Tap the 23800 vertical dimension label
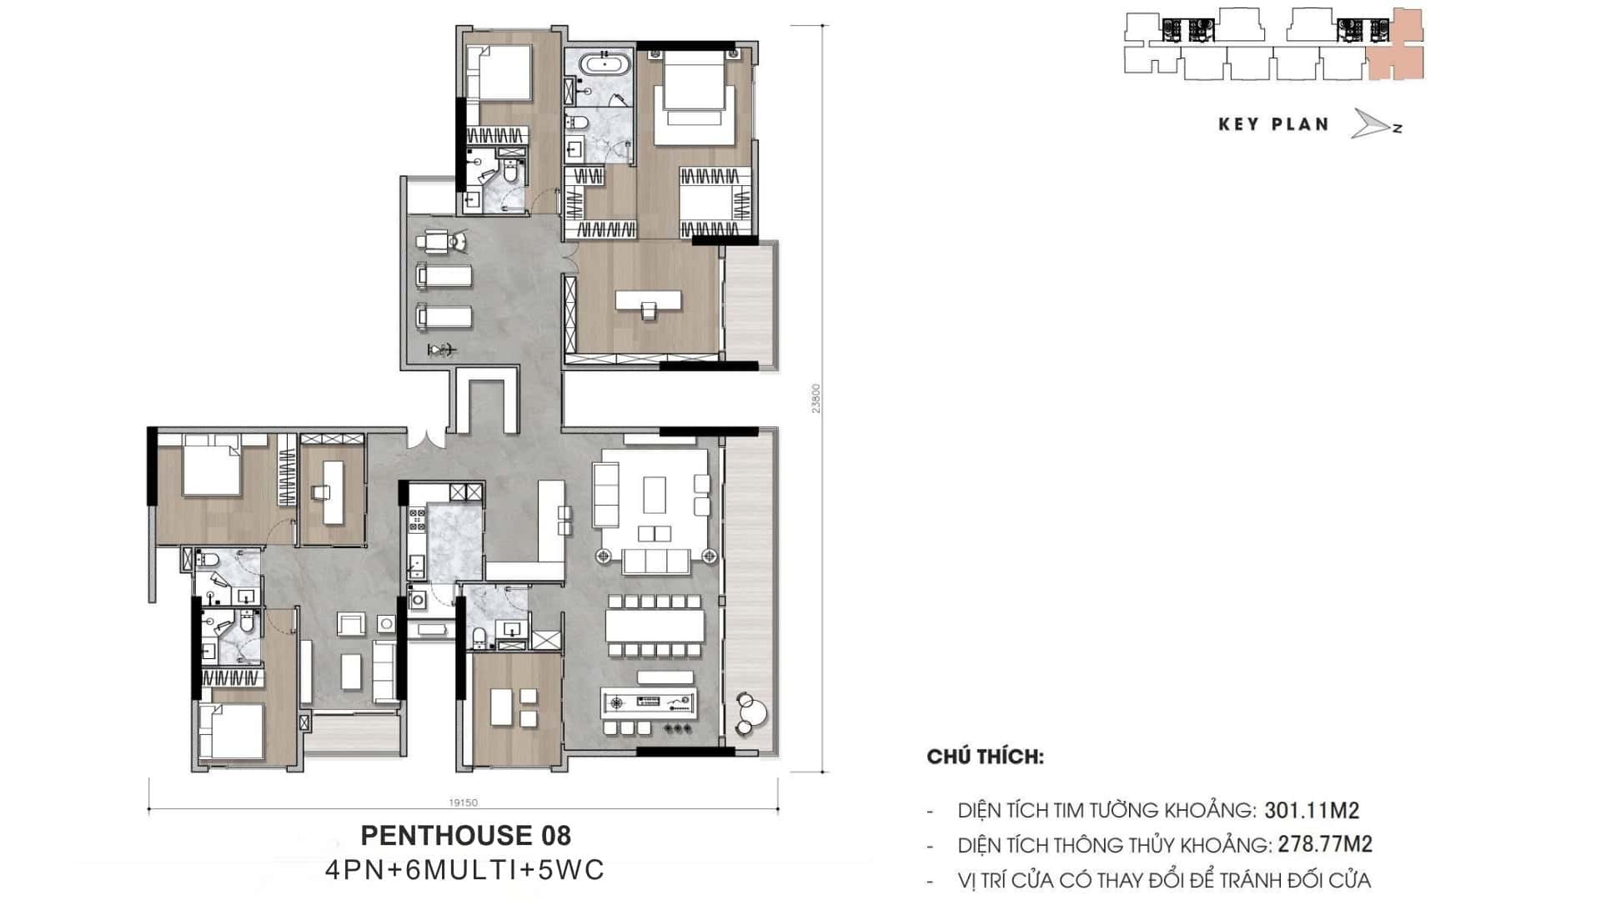pos(816,398)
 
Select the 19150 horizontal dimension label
pos(464,803)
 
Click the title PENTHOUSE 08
pos(465,835)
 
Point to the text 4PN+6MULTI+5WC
pos(465,870)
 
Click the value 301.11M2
pos(1312,809)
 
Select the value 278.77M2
pos(1325,844)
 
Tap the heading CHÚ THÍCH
pos(985,758)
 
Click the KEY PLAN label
pos(1273,125)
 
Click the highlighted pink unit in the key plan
pos(1395,46)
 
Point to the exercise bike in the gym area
pos(442,350)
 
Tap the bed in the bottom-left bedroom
pos(231,732)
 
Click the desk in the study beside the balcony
pos(648,300)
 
